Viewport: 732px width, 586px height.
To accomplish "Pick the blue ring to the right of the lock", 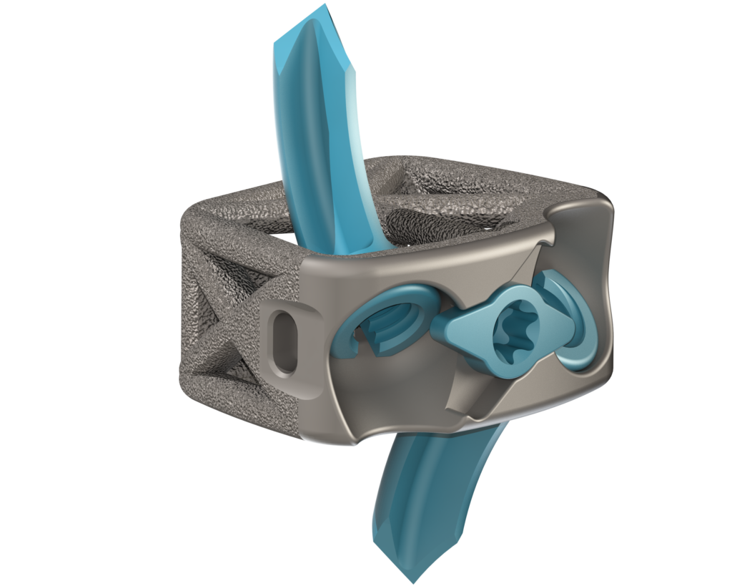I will [572, 322].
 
